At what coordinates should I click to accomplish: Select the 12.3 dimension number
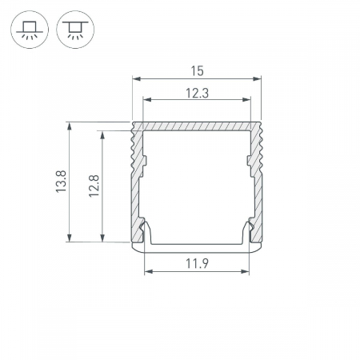197,93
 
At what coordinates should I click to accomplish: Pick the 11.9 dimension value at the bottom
197,264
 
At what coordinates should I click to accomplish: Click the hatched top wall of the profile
197,126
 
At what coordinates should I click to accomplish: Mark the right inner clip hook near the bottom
250,231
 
